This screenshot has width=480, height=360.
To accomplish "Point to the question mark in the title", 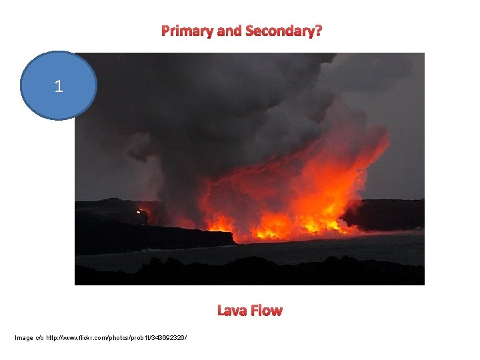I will coord(319,31).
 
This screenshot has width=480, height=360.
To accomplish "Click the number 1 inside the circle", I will coord(59,86).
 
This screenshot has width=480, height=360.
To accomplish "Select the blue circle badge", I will coord(59,100).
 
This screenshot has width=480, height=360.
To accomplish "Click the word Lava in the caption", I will coord(231,311).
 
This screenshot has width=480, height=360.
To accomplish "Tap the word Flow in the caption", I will coord(267,311).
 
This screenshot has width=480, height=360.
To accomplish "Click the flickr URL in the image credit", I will coord(117,338).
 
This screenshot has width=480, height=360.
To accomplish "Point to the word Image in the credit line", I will coord(25,338).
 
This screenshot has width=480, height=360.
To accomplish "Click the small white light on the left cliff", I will coord(139,212).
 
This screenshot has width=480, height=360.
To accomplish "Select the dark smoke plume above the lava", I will coord(200,113).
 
